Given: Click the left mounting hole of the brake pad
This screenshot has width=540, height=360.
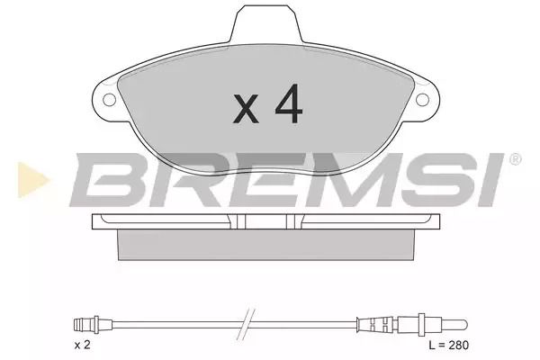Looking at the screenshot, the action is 110,100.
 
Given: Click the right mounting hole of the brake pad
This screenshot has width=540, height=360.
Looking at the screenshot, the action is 422,100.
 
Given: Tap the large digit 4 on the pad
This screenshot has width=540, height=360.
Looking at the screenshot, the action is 289,103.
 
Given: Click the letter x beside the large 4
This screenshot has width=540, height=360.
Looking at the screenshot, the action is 246,108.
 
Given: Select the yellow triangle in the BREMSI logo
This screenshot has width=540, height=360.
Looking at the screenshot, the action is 32,180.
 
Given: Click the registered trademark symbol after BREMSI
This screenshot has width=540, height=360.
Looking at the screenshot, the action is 515,159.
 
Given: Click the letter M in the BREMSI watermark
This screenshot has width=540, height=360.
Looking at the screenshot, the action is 354,180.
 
